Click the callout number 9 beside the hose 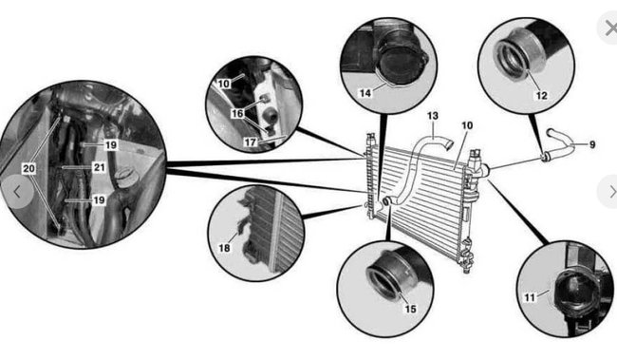592,144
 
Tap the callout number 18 225,248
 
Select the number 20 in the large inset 29,167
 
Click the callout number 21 99,167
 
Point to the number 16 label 237,112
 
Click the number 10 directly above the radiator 466,125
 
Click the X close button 608,28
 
